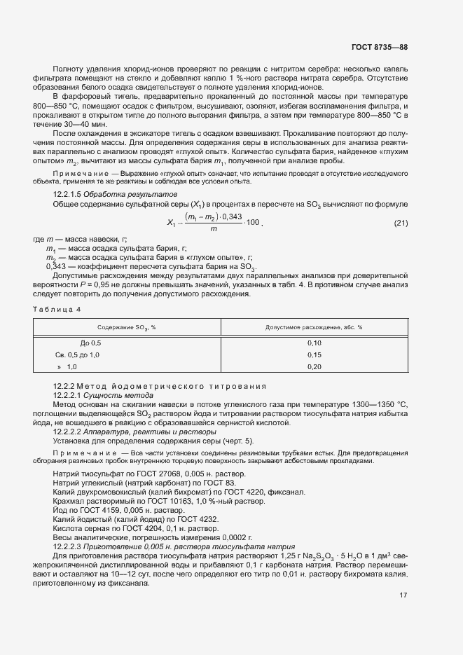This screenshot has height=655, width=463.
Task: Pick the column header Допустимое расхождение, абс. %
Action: [x=314, y=327]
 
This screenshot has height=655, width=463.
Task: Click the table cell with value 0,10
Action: [x=314, y=343]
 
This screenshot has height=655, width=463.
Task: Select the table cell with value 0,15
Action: [x=314, y=355]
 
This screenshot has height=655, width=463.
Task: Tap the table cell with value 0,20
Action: [x=314, y=367]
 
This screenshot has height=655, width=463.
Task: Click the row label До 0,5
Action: [x=91, y=343]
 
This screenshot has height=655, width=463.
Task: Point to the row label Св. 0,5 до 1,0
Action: [x=78, y=355]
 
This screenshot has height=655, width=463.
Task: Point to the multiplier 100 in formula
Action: [x=254, y=223]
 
